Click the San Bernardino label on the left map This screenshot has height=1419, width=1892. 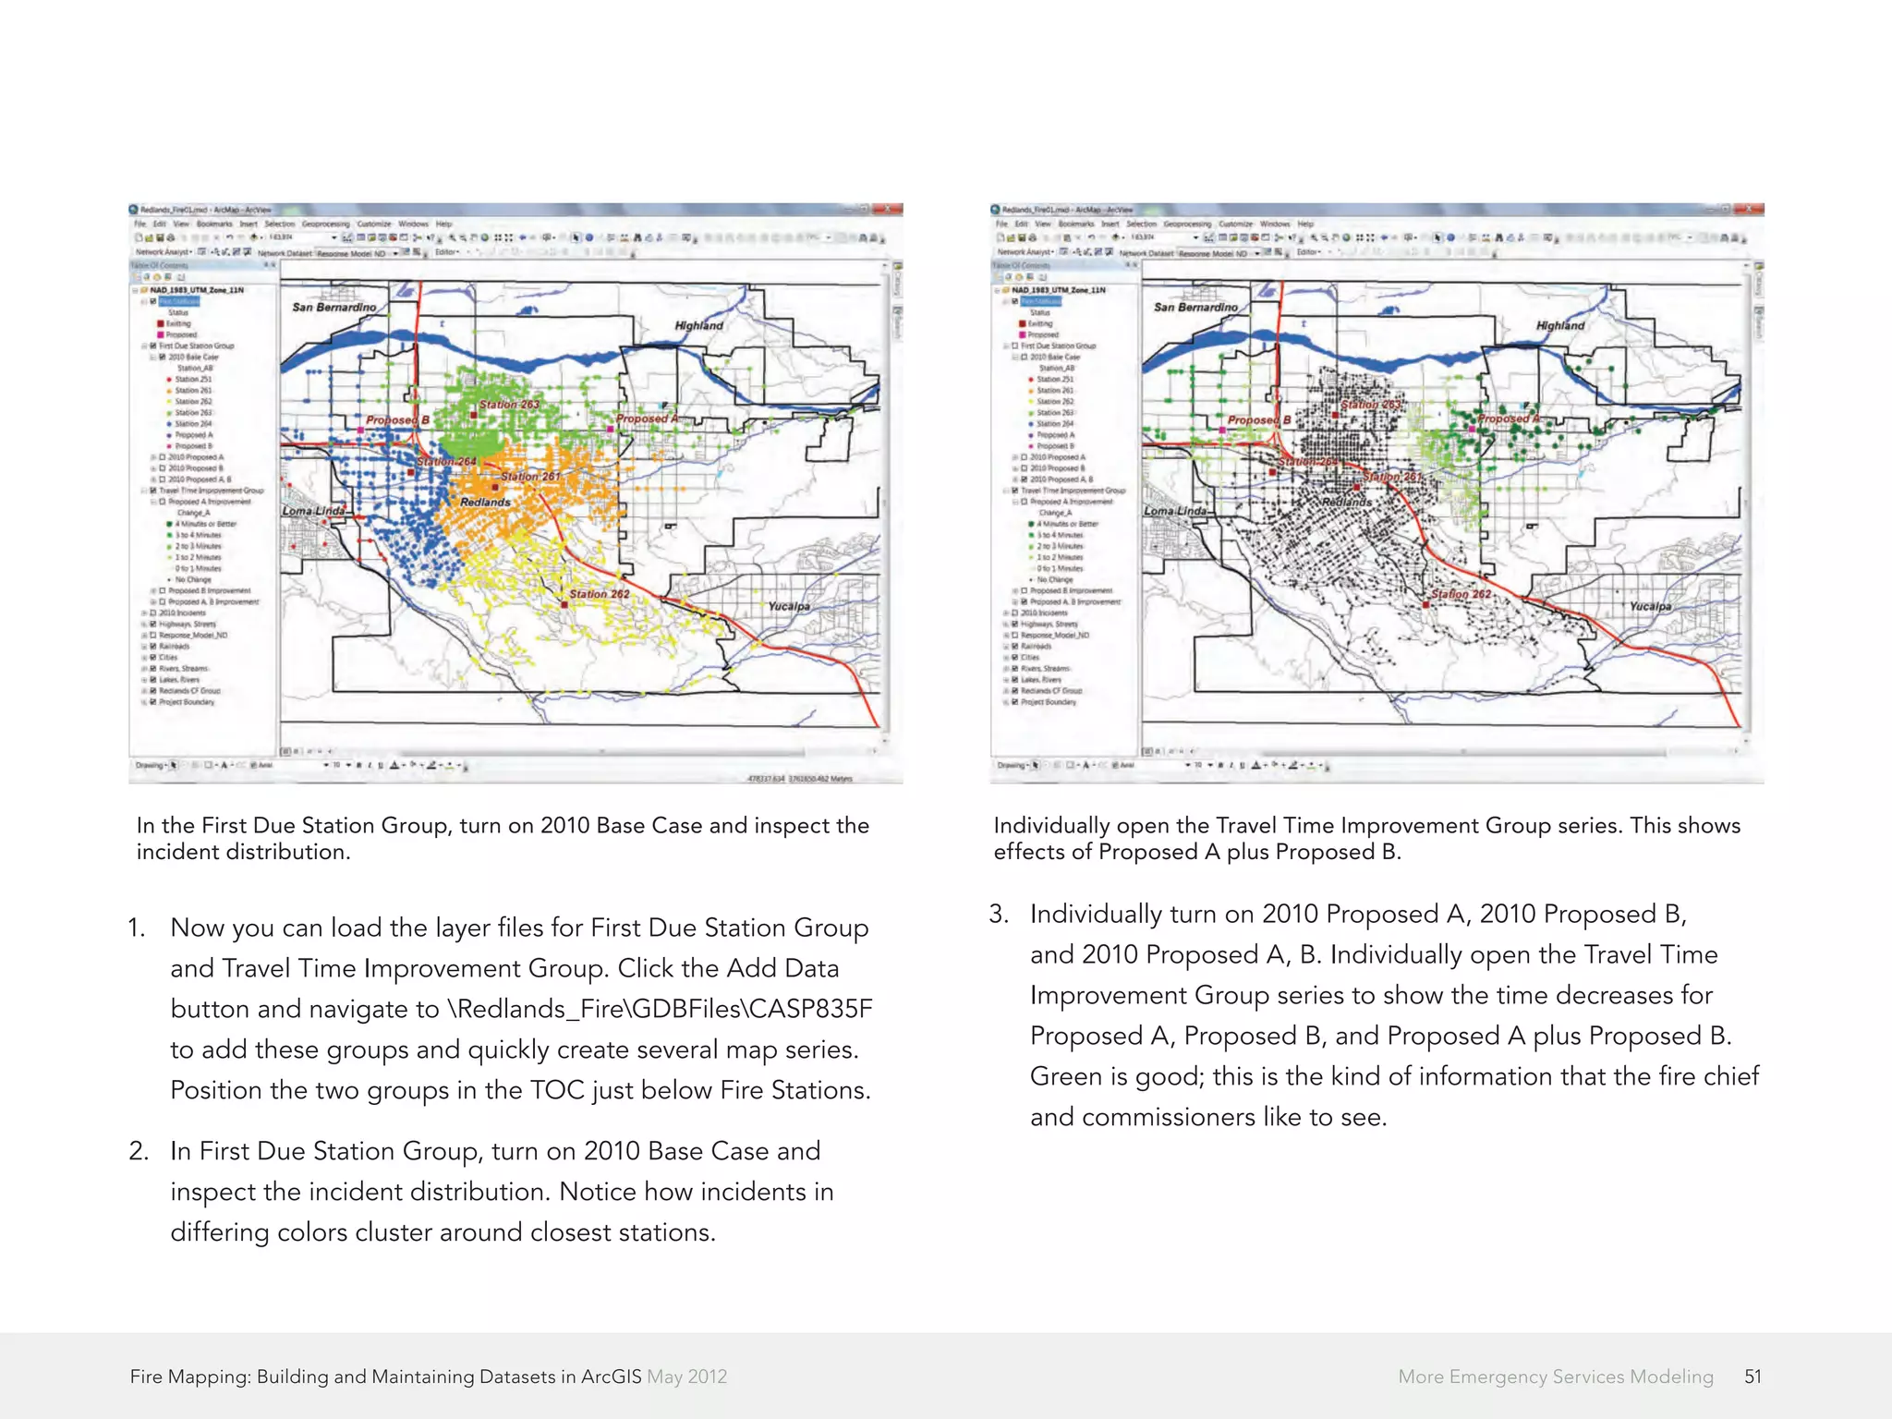click(334, 307)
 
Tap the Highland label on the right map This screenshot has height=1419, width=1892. click(1559, 325)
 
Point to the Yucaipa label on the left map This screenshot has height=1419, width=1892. click(788, 606)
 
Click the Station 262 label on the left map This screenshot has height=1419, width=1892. click(599, 594)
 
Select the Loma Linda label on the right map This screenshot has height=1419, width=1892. click(1174, 511)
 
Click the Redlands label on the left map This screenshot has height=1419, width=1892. click(485, 502)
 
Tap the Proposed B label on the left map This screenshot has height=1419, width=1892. click(397, 419)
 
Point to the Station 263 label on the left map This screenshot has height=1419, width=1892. click(509, 405)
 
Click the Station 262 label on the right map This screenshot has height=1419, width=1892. click(1461, 594)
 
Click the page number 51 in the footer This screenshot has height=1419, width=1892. click(1753, 1377)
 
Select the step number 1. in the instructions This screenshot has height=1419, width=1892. click(137, 928)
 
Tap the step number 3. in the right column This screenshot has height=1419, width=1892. click(998, 914)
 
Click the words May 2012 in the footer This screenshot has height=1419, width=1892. click(686, 1377)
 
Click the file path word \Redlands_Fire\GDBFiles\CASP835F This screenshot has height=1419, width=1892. click(660, 1009)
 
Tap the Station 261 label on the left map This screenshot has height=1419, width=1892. click(530, 477)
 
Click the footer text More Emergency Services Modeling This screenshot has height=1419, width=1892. click(1555, 1377)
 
